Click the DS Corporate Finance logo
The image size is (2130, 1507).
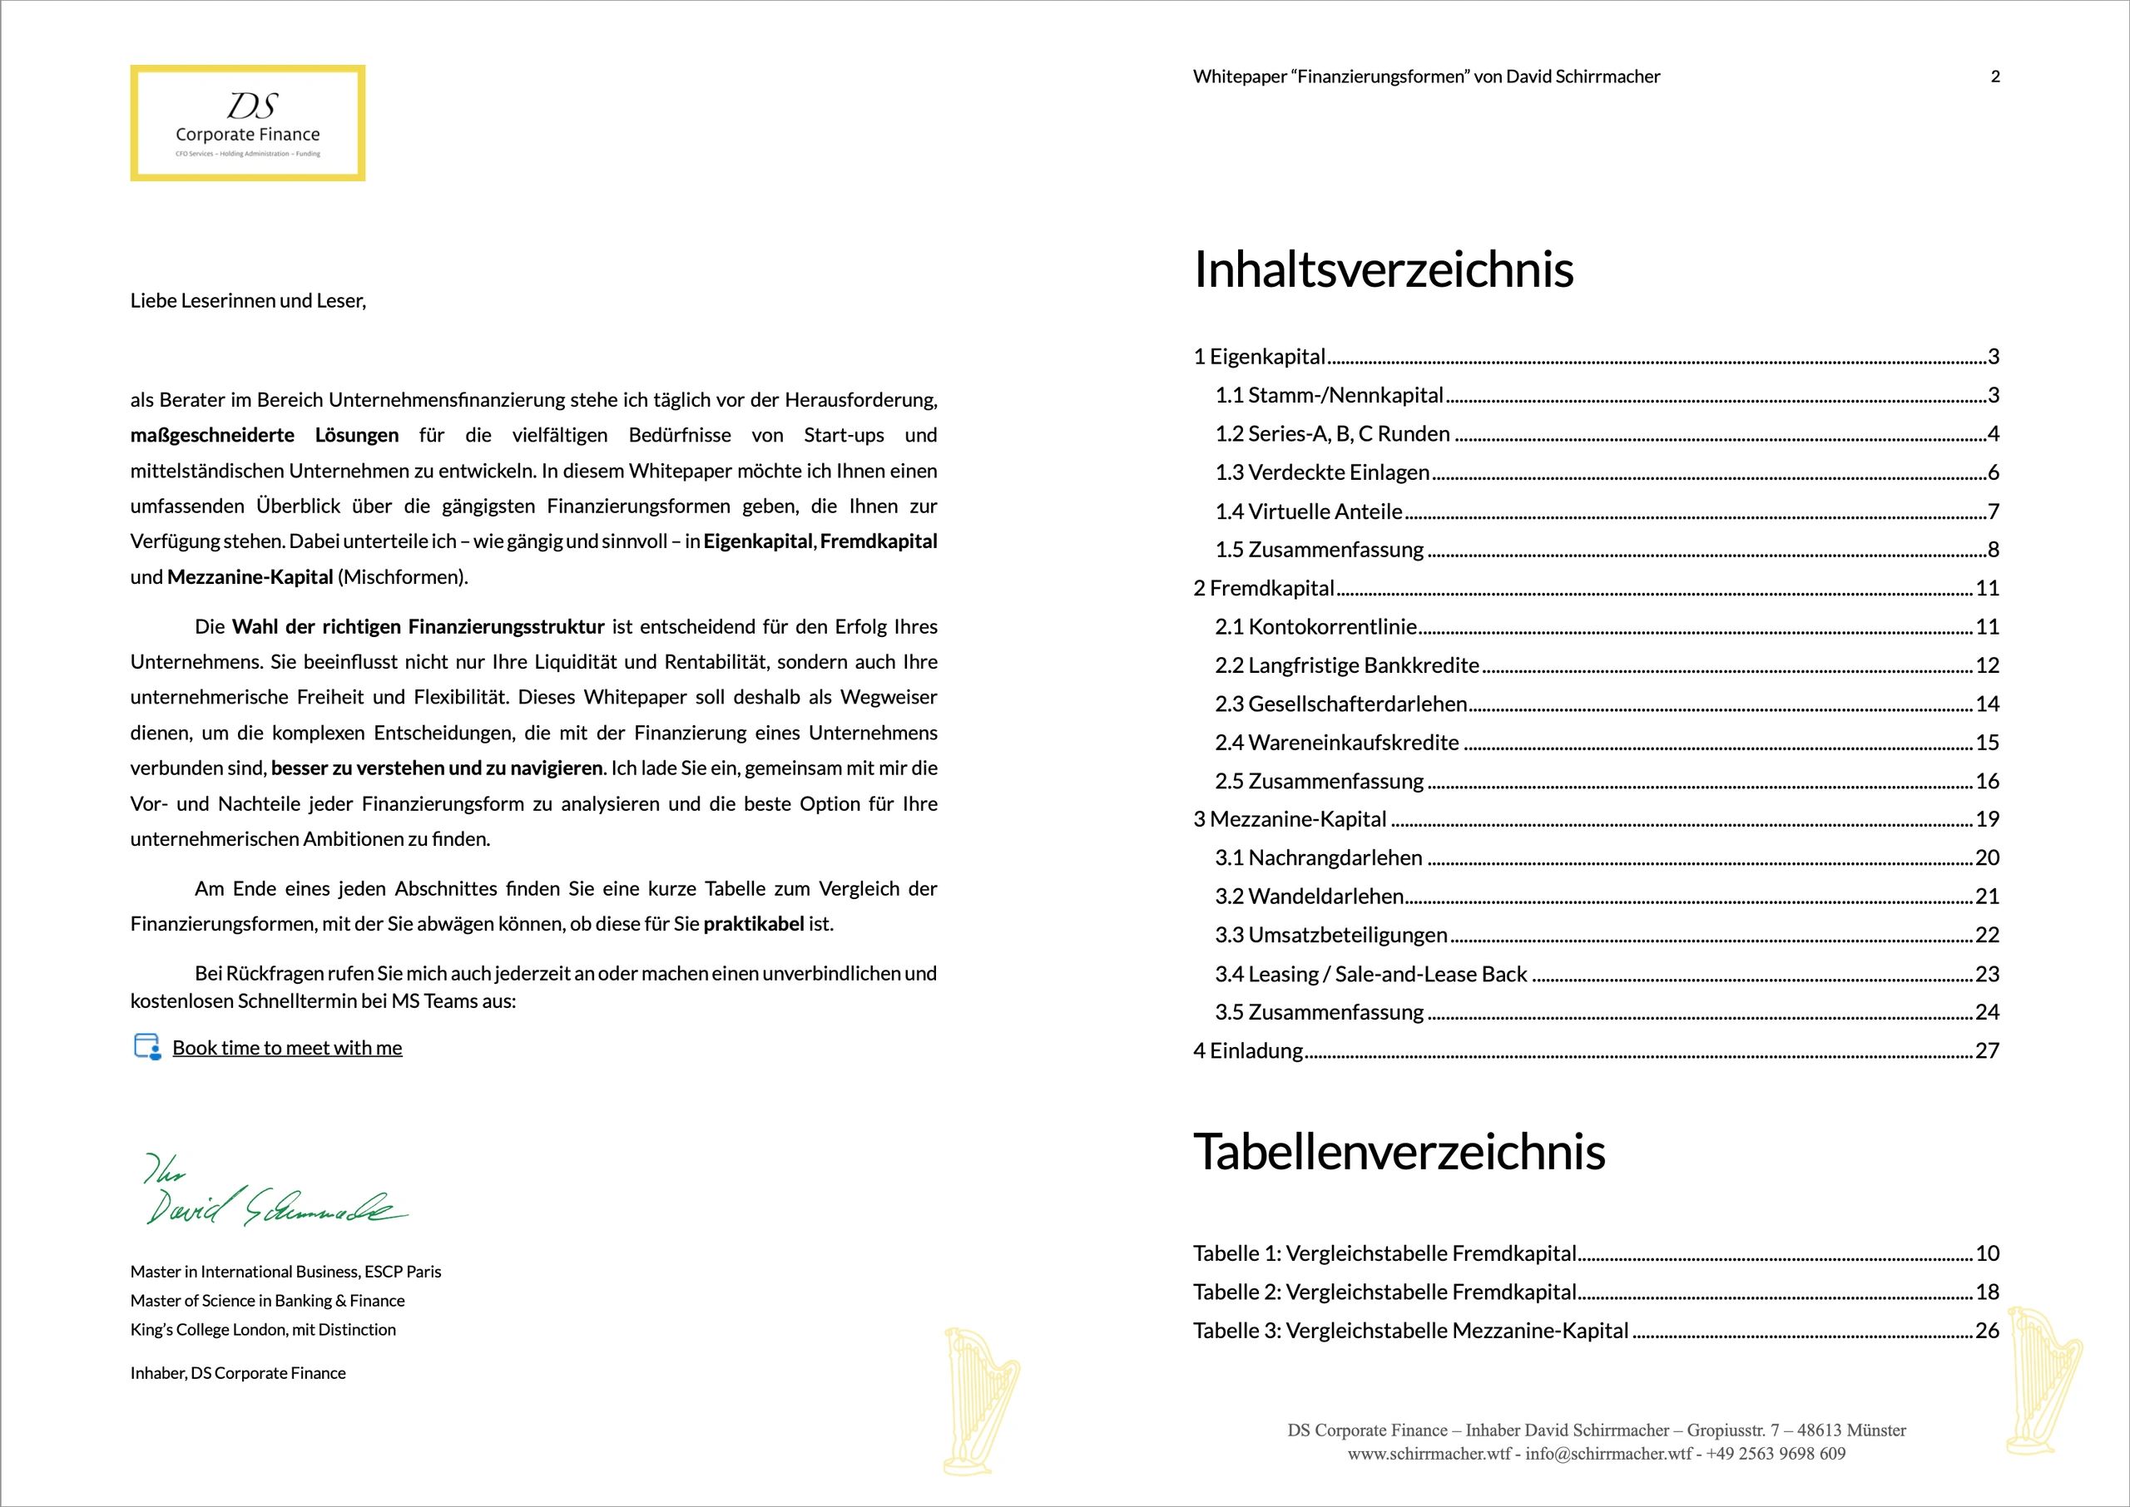tap(247, 122)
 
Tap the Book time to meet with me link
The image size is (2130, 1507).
tap(287, 1048)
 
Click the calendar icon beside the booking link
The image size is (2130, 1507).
tap(146, 1047)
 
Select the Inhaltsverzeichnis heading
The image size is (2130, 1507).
tap(1383, 270)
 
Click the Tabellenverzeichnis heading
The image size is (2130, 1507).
tap(1399, 1152)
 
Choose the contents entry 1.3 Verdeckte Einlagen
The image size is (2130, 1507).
tap(1323, 472)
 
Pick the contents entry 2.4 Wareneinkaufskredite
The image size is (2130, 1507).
tap(1337, 743)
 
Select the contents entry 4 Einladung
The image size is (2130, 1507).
tap(1248, 1050)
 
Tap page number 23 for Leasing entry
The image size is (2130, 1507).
tap(1987, 973)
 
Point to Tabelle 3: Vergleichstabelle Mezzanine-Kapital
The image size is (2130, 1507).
tap(1411, 1331)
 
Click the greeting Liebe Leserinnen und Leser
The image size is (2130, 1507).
tap(248, 301)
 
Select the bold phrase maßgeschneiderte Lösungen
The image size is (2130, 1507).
tap(265, 435)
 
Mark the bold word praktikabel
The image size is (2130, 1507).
tap(754, 924)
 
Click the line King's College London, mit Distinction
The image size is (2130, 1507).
tap(263, 1330)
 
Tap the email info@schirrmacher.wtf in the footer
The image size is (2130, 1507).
tap(1608, 1454)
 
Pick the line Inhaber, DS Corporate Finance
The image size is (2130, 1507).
tap(238, 1373)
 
